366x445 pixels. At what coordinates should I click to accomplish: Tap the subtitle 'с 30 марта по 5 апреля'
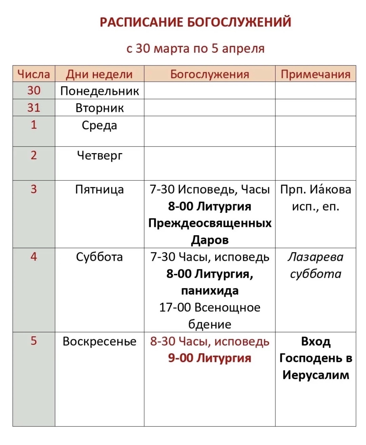coord(196,49)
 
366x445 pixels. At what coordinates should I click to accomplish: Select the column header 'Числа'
coord(34,74)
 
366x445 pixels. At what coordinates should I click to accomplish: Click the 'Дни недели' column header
coord(99,74)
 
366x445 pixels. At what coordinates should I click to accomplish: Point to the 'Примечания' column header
coord(315,74)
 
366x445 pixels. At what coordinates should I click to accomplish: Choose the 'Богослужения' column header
coord(210,74)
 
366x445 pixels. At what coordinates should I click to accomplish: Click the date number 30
coord(34,91)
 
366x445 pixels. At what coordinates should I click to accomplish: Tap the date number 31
coord(34,108)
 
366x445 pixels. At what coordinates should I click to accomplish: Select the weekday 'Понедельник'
coord(99,91)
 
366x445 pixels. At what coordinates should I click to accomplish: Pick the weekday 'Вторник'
coord(99,108)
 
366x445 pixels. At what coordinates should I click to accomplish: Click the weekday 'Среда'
coord(99,125)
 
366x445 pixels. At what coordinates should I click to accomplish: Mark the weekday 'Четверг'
coord(99,155)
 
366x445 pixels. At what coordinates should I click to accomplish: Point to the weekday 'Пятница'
coord(99,189)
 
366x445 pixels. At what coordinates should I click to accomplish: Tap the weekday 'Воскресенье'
coord(99,341)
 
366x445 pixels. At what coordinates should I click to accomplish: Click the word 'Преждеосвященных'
coord(210,223)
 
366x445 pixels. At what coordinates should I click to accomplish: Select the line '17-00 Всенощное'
coord(210,308)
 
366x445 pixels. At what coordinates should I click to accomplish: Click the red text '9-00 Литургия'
coord(210,358)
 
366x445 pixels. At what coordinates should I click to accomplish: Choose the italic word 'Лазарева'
coord(315,257)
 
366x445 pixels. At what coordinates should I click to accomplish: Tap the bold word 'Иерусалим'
coord(315,375)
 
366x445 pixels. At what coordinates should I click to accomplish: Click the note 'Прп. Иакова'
coord(315,189)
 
